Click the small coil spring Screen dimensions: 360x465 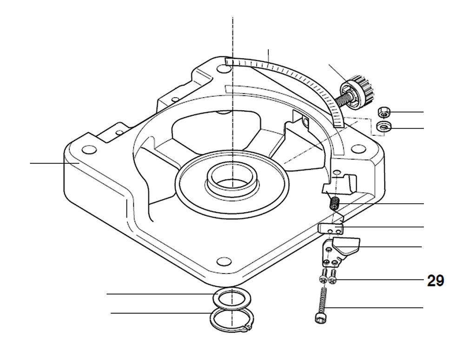tap(334, 204)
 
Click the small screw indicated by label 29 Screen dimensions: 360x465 tap(332, 280)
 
